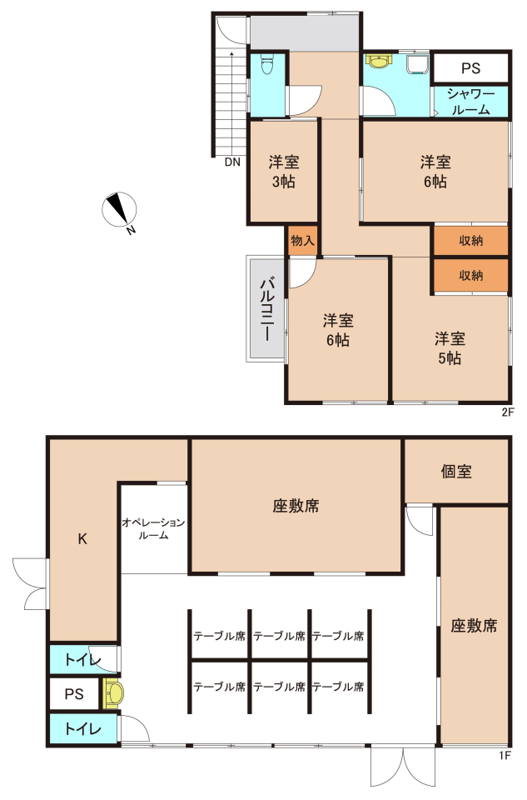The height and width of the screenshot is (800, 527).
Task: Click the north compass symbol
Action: pyautogui.click(x=120, y=210)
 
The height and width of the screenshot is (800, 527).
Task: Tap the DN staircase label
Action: pyautogui.click(x=232, y=162)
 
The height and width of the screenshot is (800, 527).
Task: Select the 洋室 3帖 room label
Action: pyautogui.click(x=284, y=172)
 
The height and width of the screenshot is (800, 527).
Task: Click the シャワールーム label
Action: pyautogui.click(x=471, y=102)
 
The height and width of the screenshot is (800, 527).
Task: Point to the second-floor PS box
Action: pyautogui.click(x=470, y=67)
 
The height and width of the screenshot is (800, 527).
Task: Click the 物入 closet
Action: pyautogui.click(x=303, y=240)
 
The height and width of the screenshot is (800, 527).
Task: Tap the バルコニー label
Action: pyautogui.click(x=267, y=308)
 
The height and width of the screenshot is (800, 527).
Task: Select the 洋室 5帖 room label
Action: pyautogui.click(x=450, y=348)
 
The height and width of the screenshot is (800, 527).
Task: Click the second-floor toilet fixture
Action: pyautogui.click(x=266, y=65)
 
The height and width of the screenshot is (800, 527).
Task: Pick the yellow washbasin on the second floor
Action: pyautogui.click(x=378, y=61)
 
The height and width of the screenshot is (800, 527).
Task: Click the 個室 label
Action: pyautogui.click(x=456, y=472)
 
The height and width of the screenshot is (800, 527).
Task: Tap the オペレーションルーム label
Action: pyautogui.click(x=153, y=529)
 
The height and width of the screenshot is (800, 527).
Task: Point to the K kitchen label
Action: pyautogui.click(x=82, y=539)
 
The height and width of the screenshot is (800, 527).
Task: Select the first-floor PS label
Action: pyautogui.click(x=74, y=694)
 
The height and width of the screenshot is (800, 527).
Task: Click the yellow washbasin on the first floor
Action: pyautogui.click(x=113, y=693)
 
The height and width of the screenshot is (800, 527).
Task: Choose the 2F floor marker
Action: pyautogui.click(x=508, y=412)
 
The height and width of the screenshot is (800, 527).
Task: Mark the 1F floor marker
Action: pyautogui.click(x=505, y=756)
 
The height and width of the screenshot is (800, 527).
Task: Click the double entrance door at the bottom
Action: pyautogui.click(x=403, y=767)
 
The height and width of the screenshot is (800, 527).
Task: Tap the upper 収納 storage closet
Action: pyautogui.click(x=470, y=240)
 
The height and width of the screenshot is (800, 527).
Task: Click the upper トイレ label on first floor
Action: pyautogui.click(x=82, y=660)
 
